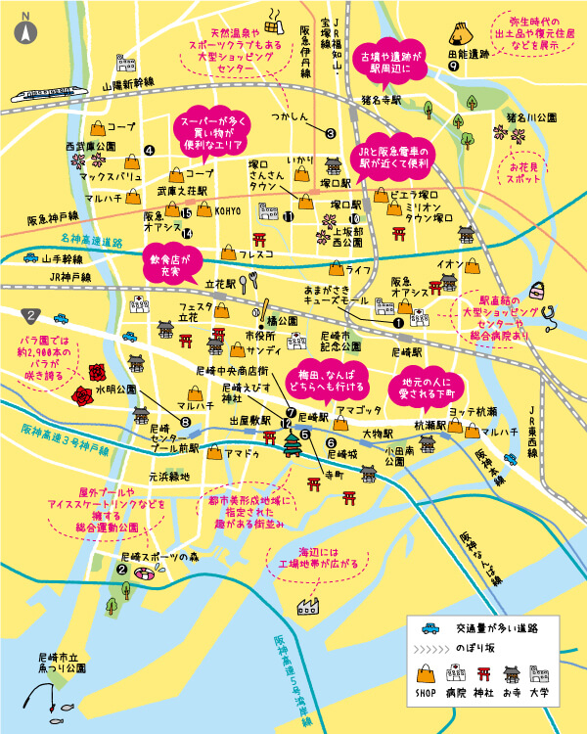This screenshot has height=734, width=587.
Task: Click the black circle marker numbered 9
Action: coord(454,68)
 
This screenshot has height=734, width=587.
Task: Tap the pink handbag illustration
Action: coord(540,286)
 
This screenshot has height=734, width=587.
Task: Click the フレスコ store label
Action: coord(256,254)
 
